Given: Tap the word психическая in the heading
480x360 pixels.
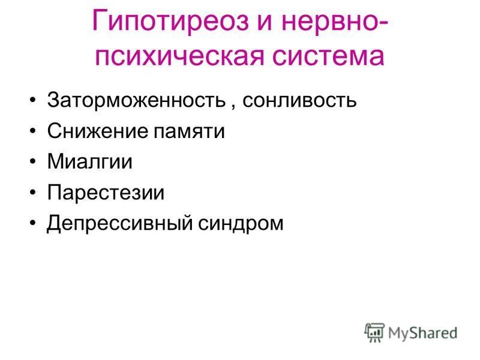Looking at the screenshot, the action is (179, 57).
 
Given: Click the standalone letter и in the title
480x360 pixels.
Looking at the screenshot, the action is (265, 23).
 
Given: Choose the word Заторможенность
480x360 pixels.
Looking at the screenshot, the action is (137, 100).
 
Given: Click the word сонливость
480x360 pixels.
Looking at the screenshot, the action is (299, 100).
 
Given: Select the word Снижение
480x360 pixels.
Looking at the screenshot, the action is (97, 131).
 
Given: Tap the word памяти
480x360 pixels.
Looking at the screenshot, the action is (189, 132).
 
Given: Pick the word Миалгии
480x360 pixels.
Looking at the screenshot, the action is (89, 161).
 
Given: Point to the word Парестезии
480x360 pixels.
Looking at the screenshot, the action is (106, 193).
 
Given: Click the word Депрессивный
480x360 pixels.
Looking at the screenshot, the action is (119, 223).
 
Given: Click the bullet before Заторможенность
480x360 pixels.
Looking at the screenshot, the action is (33, 100).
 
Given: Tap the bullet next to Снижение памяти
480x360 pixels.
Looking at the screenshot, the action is (33, 131).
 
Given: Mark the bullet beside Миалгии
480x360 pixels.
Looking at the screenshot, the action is (33, 161).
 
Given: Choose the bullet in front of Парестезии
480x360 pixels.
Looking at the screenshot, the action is (33, 193).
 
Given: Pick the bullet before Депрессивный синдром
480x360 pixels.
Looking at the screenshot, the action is (33, 223).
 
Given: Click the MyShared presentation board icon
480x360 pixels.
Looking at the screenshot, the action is (374, 332).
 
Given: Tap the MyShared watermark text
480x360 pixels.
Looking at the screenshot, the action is (422, 334).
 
